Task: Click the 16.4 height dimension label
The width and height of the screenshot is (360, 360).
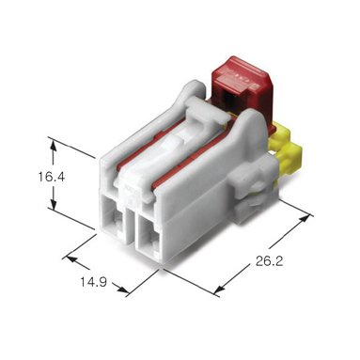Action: pos(52,177)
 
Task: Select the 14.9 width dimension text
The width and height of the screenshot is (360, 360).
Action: pos(93,282)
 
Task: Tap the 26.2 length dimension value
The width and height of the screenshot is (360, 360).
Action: pos(269,261)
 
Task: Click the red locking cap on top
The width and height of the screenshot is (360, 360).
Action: pos(243,86)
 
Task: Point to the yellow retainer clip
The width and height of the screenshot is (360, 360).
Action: pos(285,150)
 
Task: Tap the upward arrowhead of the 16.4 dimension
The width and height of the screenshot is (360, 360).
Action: pos(54,145)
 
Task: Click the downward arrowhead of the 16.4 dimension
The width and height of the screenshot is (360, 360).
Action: pos(54,205)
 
